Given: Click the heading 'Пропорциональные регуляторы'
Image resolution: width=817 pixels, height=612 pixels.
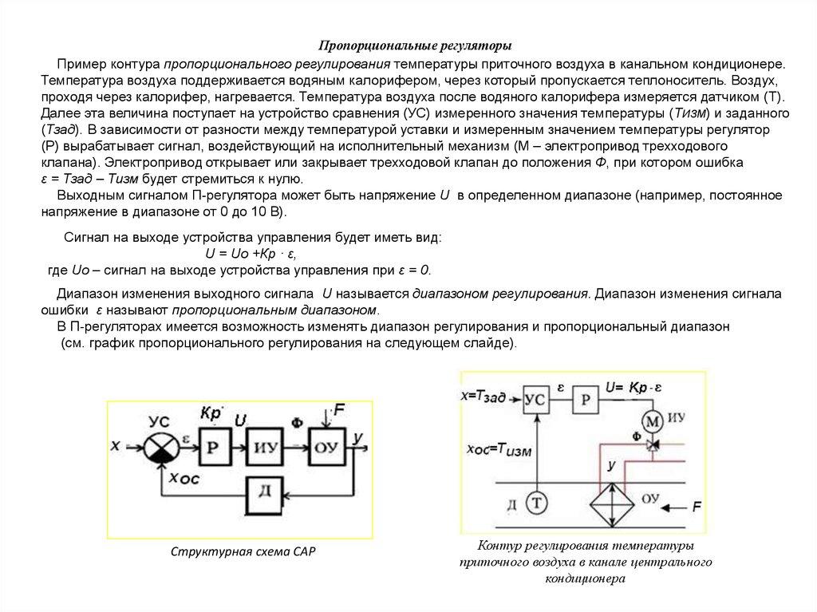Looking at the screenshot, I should pyautogui.click(x=410, y=45).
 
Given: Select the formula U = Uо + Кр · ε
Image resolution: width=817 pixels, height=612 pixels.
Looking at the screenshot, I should pyautogui.click(x=251, y=254).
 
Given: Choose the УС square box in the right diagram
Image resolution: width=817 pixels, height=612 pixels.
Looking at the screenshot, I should pyautogui.click(x=539, y=400).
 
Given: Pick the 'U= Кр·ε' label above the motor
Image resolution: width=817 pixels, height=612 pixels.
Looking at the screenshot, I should pyautogui.click(x=635, y=388).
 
